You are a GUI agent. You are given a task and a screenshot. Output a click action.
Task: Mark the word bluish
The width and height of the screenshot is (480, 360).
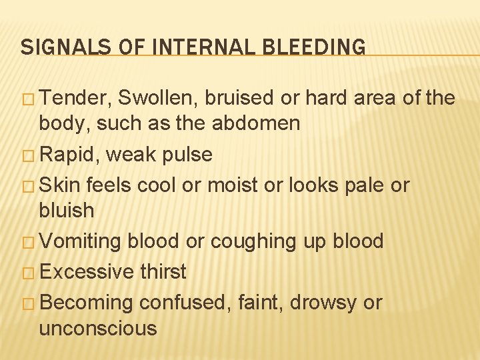(x=67, y=210)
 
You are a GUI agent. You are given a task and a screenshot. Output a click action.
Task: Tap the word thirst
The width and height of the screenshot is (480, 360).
(x=163, y=271)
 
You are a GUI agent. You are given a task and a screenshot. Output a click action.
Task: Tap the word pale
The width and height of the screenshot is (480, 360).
(x=365, y=185)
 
